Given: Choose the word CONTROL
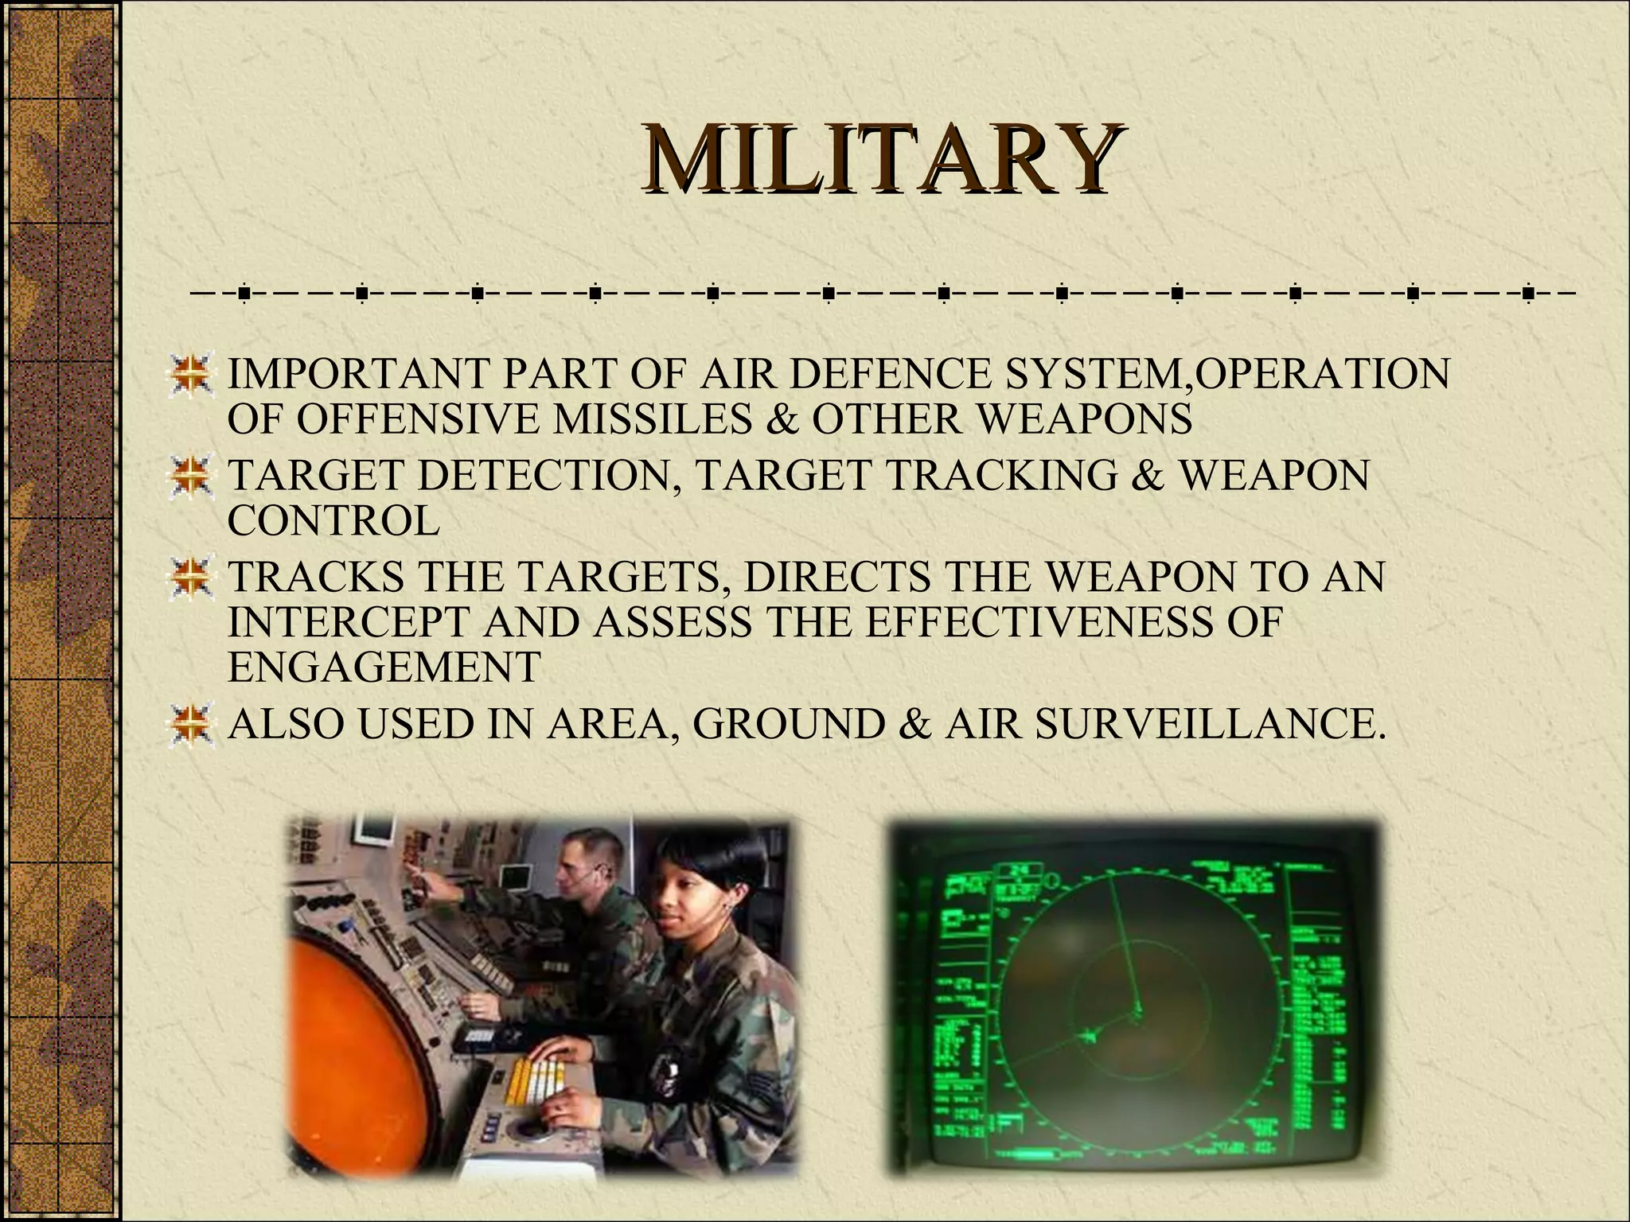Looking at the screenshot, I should pyautogui.click(x=333, y=520).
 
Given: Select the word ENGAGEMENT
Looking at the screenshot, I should pyautogui.click(x=384, y=667).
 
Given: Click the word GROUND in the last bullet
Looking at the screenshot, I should pyautogui.click(x=789, y=724).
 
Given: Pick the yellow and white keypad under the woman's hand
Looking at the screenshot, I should pyautogui.click(x=542, y=1073).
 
